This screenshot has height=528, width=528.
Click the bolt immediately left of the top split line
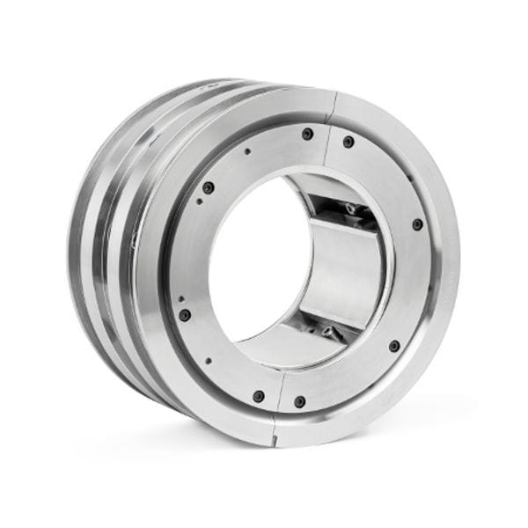[x=307, y=135]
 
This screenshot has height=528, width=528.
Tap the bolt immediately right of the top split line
[x=348, y=142]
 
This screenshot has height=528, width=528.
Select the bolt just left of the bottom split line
[x=258, y=396]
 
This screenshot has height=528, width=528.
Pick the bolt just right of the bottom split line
[x=299, y=401]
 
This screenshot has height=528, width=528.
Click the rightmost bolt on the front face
[x=417, y=224]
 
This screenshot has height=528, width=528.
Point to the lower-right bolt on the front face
[x=394, y=346]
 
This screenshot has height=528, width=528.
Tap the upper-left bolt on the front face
[x=208, y=187]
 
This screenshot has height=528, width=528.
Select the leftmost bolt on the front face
[x=185, y=314]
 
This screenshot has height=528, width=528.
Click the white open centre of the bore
[x=246, y=264]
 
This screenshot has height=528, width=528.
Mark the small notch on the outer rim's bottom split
[x=275, y=434]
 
